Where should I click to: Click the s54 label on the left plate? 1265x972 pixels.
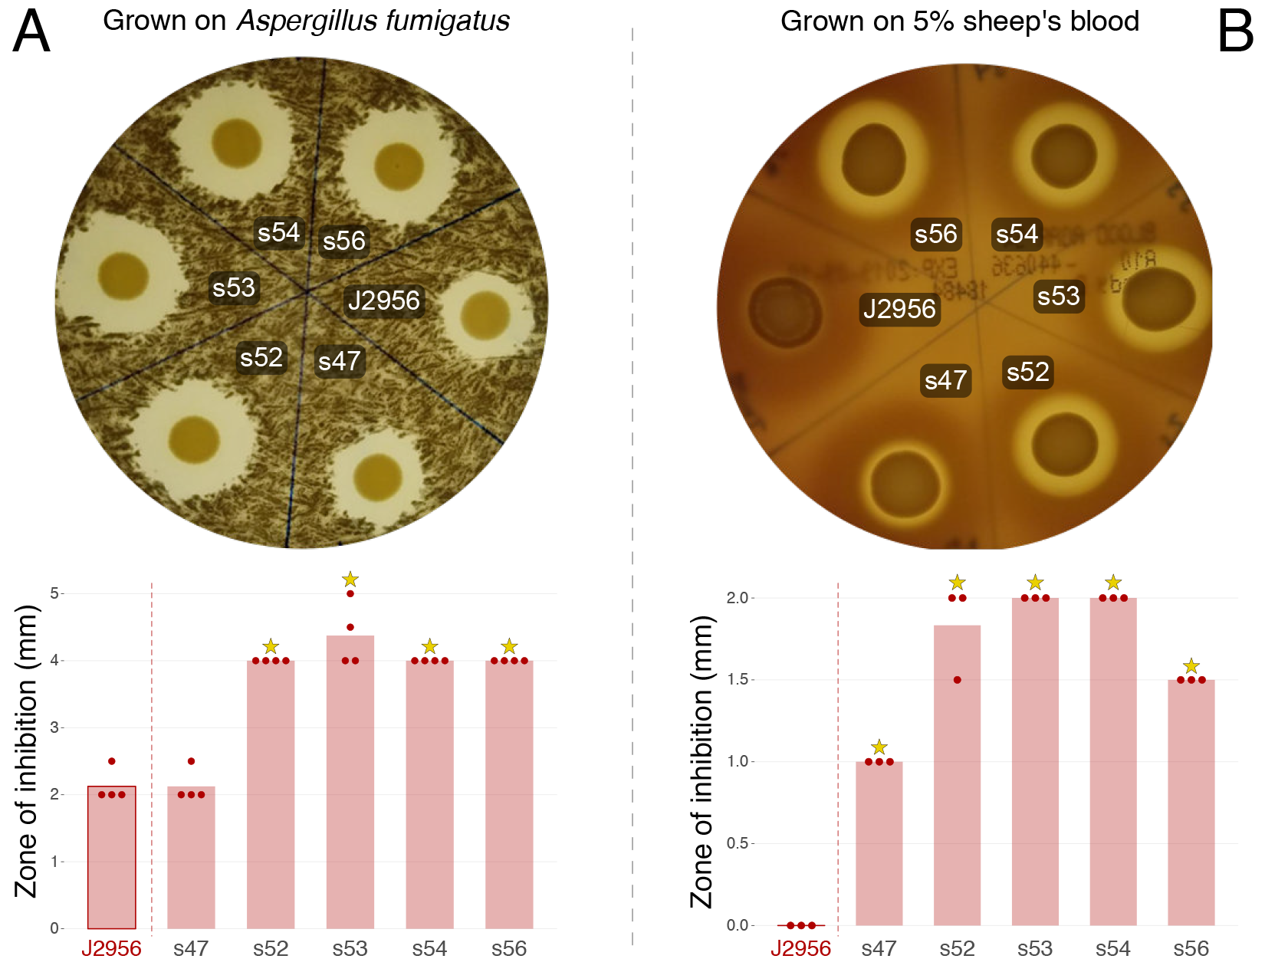pos(278,232)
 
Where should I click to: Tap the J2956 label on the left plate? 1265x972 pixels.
pos(383,300)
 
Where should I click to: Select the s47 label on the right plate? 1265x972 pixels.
pos(945,380)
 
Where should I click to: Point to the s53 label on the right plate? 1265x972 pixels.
pos(1058,296)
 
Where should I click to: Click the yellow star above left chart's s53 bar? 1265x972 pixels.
pos(350,579)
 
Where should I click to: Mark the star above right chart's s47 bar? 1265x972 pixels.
pos(879,747)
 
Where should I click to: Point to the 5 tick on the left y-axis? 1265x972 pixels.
pos(54,593)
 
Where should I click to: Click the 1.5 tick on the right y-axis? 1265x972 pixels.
pos(738,679)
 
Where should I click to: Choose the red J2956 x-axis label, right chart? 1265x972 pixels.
pos(800,949)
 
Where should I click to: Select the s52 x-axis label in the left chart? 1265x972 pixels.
pos(271,949)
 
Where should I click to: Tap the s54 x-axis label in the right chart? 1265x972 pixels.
pos(1112,949)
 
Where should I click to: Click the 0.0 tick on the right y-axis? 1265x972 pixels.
pos(738,925)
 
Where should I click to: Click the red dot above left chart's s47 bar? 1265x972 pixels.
pos(191,761)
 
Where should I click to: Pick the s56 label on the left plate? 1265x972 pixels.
pos(343,241)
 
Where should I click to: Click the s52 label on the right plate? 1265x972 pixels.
pos(1027,372)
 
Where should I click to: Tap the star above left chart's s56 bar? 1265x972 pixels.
pos(509,647)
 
